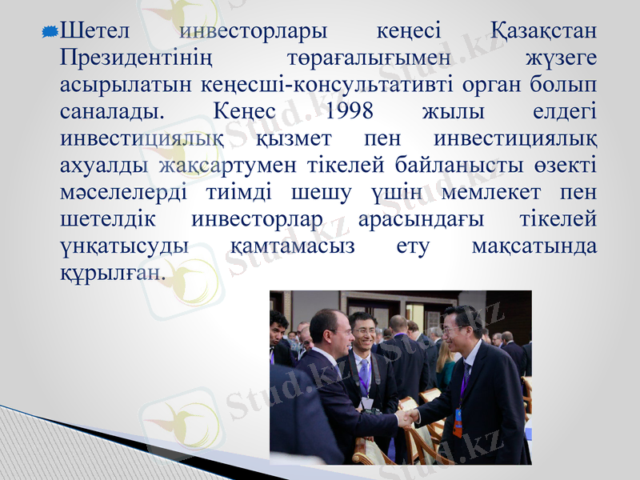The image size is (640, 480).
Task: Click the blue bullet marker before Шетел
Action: tap(49, 32)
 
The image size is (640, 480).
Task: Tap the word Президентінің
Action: tap(136, 58)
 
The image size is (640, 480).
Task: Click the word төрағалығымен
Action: tap(367, 58)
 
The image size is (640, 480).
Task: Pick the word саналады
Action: tap(111, 110)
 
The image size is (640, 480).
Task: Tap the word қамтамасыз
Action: tap(292, 246)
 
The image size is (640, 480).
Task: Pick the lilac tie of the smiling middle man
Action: tap(365, 375)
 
